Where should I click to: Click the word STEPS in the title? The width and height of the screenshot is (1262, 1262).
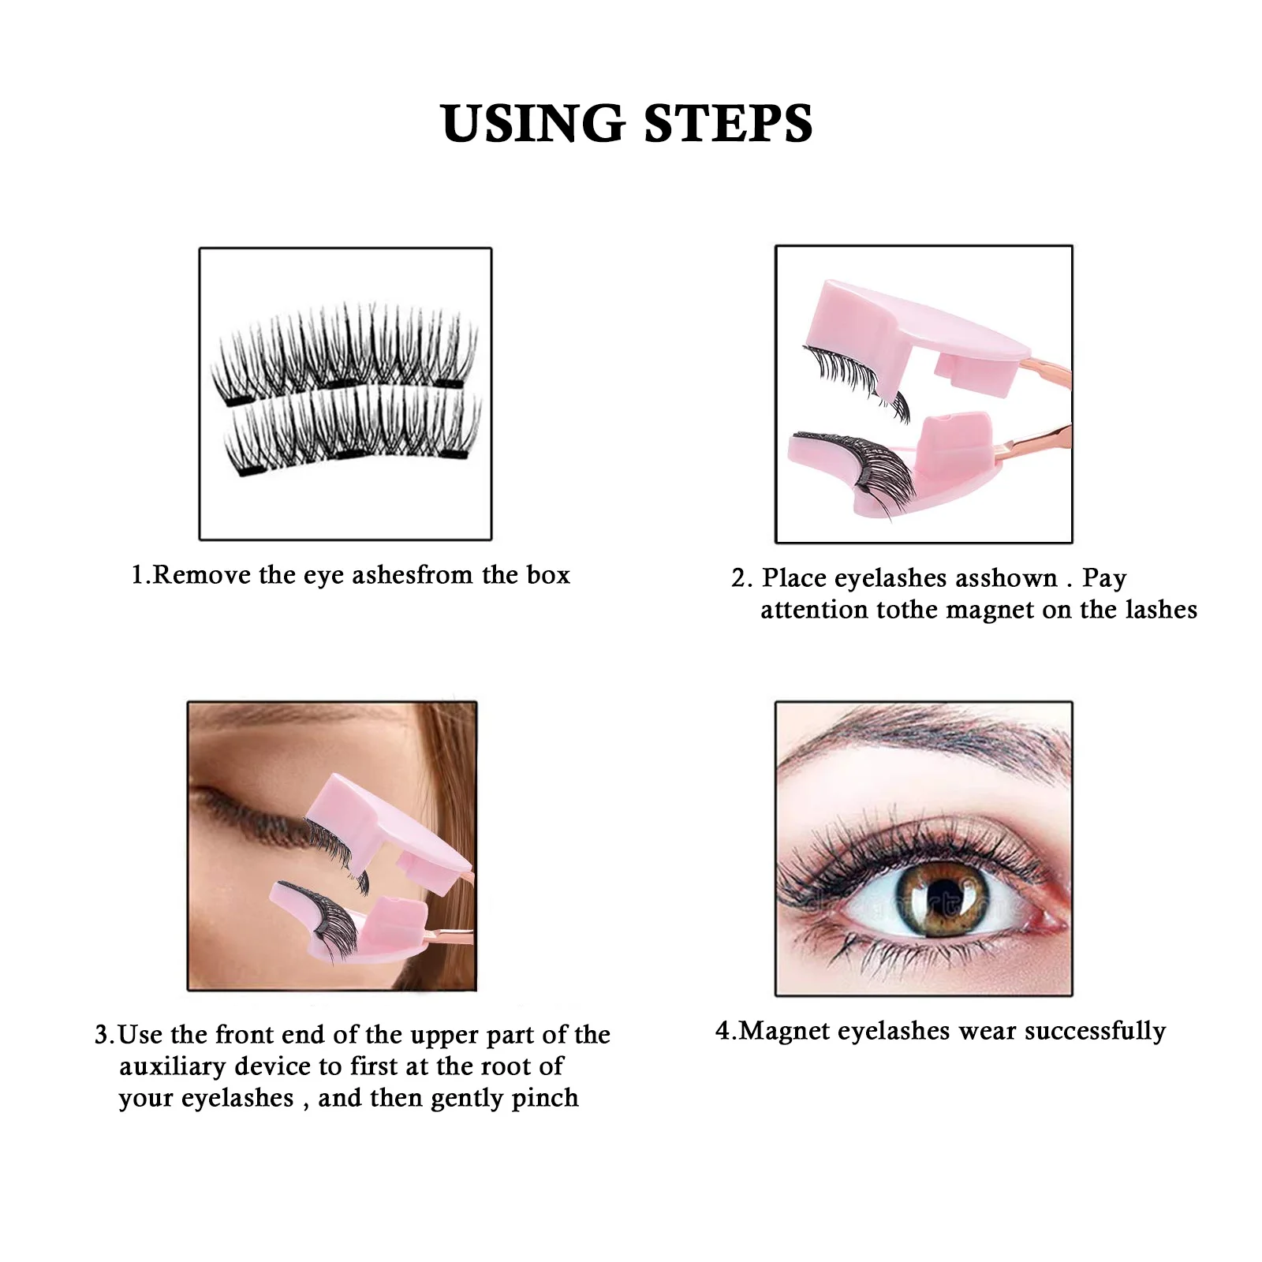tap(728, 124)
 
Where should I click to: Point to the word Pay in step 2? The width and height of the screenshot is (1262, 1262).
tap(1103, 578)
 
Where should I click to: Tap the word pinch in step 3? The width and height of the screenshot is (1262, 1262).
tap(544, 1098)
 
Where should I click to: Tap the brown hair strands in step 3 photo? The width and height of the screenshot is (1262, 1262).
tap(454, 757)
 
